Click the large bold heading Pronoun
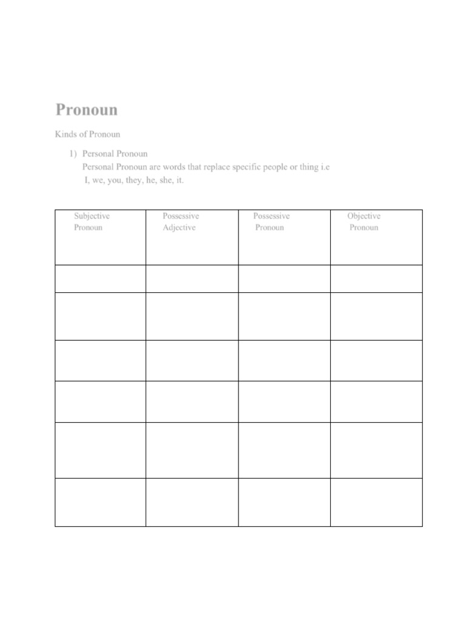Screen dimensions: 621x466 pyautogui.click(x=87, y=110)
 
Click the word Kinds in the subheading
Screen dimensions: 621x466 pyautogui.click(x=66, y=134)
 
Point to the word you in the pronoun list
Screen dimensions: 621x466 pyautogui.click(x=114, y=180)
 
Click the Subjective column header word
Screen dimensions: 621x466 pyautogui.click(x=92, y=216)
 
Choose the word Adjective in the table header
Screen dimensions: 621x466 pyautogui.click(x=179, y=227)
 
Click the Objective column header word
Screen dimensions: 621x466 pyautogui.click(x=364, y=216)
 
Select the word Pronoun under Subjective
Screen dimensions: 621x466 pyautogui.click(x=88, y=227)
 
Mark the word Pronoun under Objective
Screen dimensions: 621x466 pyautogui.click(x=363, y=227)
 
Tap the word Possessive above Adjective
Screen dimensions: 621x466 pyautogui.click(x=181, y=216)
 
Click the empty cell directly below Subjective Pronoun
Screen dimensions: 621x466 pyautogui.click(x=100, y=278)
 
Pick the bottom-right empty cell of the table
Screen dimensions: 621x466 pyautogui.click(x=376, y=502)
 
